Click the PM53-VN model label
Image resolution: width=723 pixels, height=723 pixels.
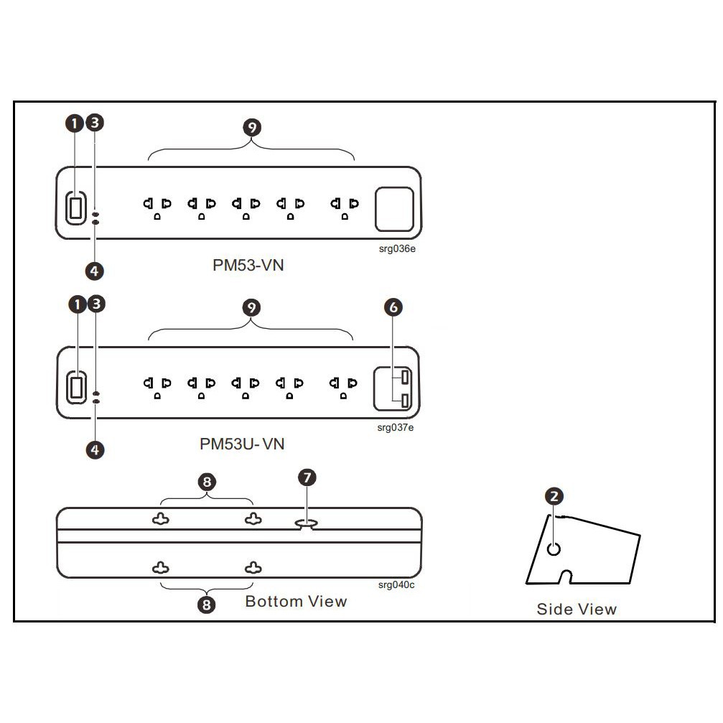tap(248, 265)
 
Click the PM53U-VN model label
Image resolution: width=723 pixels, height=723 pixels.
tap(242, 444)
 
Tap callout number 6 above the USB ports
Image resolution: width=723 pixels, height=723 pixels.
tap(393, 307)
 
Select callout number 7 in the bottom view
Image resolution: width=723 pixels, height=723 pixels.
tap(307, 477)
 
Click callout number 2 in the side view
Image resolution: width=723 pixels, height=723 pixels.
tap(554, 495)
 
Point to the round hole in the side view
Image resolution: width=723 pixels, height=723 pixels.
tap(554, 549)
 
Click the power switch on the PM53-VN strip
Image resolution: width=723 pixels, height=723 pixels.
tap(75, 207)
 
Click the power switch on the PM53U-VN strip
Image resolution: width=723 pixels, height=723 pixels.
tap(75, 386)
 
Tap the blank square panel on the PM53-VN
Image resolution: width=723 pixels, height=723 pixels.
tap(395, 207)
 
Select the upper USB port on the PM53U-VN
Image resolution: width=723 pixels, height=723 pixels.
tap(406, 377)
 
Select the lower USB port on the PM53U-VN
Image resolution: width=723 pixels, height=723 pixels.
tap(406, 401)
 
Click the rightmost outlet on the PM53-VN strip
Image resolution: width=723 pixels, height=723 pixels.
tap(341, 207)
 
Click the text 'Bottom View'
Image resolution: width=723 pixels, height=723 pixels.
tap(296, 601)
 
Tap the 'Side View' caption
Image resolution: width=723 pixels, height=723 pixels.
tap(577, 610)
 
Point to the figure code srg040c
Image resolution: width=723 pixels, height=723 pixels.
tap(396, 584)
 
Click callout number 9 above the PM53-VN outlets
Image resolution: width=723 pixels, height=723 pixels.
tap(251, 128)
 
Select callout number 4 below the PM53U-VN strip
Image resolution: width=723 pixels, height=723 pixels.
tap(95, 450)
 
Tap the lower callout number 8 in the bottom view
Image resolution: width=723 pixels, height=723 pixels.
tap(206, 605)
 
